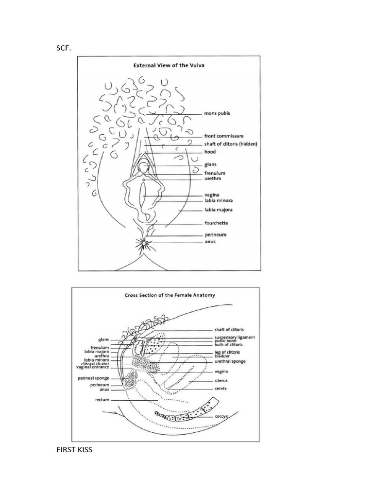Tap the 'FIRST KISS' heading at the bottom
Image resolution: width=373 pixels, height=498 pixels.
click(74, 450)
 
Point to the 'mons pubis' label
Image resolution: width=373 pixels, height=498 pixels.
click(217, 113)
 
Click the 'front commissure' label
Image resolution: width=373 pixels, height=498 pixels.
click(224, 136)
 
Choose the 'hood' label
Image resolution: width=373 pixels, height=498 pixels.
click(210, 152)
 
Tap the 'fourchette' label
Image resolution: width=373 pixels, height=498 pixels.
click(216, 223)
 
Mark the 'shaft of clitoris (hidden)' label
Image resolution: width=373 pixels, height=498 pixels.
click(230, 144)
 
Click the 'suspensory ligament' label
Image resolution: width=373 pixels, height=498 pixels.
click(235, 337)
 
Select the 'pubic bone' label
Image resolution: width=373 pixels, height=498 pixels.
click(226, 341)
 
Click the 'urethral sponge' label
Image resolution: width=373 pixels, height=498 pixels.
click(230, 361)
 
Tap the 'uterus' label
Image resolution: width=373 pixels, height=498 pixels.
click(221, 380)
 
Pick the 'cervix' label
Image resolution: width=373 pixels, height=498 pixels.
click(221, 389)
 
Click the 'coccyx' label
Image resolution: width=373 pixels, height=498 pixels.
click(222, 417)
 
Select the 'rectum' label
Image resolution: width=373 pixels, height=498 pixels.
click(102, 400)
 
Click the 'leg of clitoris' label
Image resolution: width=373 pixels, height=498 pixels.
click(227, 352)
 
